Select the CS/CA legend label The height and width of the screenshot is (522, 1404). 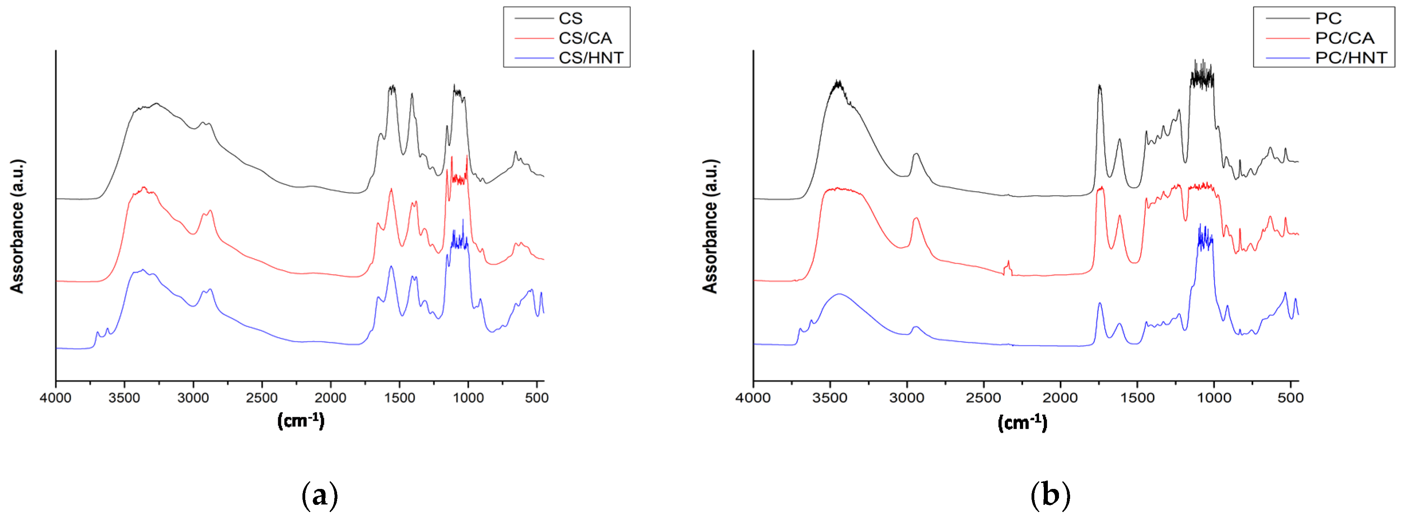(x=585, y=38)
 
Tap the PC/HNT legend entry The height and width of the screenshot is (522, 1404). (x=1351, y=58)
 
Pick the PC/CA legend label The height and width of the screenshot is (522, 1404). (x=1345, y=38)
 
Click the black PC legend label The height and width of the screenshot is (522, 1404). (x=1328, y=19)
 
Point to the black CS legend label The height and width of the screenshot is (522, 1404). (x=570, y=19)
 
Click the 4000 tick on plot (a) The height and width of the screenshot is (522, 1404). (x=56, y=398)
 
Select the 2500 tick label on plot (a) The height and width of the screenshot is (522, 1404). (x=261, y=398)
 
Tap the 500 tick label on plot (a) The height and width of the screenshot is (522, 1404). (x=537, y=398)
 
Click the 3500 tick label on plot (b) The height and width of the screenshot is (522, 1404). (x=829, y=398)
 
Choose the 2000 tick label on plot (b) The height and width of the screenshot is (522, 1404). (x=1060, y=398)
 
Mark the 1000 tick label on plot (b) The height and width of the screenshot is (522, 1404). (x=1214, y=398)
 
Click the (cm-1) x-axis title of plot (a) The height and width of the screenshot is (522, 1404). (x=301, y=420)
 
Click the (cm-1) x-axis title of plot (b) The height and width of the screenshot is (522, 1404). (x=1022, y=423)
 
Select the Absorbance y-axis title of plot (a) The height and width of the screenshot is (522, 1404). (x=17, y=226)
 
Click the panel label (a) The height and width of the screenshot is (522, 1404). (x=320, y=495)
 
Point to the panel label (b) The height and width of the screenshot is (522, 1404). (x=1050, y=495)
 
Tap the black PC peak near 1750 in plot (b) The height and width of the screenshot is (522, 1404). (x=1099, y=86)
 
